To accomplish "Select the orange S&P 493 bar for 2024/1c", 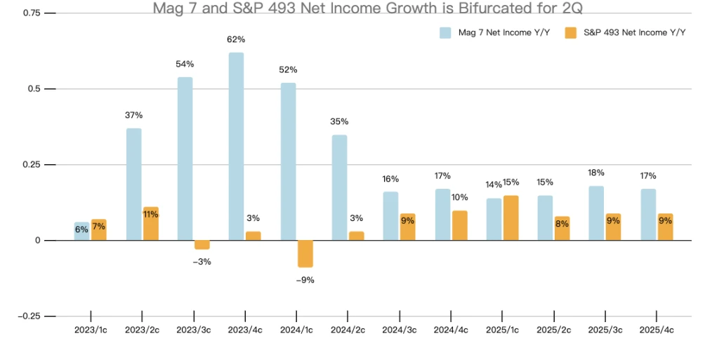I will [x=305, y=253].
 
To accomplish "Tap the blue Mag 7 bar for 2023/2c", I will [x=133, y=184].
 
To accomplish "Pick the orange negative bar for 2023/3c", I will [x=202, y=245].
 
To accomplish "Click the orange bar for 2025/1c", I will [x=511, y=218].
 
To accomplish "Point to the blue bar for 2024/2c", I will [x=339, y=187].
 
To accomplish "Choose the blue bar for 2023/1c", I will [x=82, y=231].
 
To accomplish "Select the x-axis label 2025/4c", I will [x=657, y=329].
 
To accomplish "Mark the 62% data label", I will [x=237, y=39].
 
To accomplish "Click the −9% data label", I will [x=305, y=280].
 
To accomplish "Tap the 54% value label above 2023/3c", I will [x=185, y=64].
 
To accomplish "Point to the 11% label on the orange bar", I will [x=151, y=215].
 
